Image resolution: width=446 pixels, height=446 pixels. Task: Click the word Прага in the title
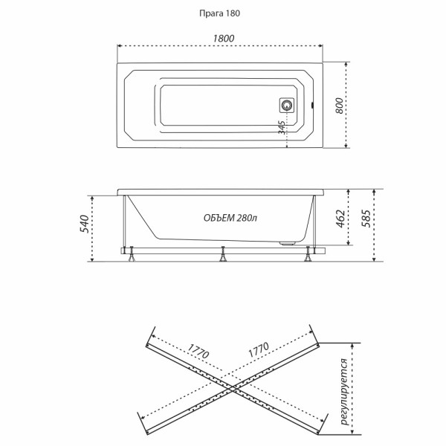212,13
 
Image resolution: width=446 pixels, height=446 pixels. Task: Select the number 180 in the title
233,13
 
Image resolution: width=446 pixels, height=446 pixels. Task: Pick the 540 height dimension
84,222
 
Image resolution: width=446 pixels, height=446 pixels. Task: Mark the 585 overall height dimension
365,221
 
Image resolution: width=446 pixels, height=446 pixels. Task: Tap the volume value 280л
248,218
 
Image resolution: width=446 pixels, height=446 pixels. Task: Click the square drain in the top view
287,106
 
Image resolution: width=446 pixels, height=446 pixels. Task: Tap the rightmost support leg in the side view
308,257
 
